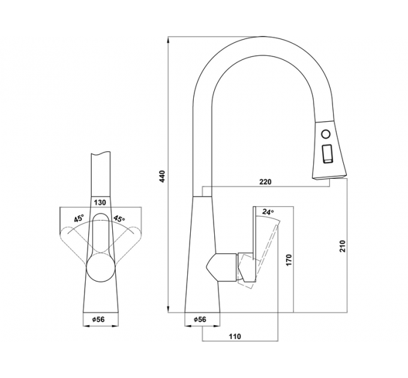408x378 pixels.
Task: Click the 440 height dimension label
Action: click(162, 176)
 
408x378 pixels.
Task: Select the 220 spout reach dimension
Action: click(265, 182)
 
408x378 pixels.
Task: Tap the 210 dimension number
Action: click(342, 246)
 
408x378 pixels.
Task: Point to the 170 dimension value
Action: click(289, 260)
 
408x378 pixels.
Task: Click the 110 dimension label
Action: click(235, 337)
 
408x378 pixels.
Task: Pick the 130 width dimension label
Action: click(100, 202)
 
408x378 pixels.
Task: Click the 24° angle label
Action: click(268, 212)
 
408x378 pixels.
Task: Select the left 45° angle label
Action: click(79, 218)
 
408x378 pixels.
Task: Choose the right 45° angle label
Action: click(119, 218)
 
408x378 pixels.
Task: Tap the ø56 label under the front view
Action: click(98, 319)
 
